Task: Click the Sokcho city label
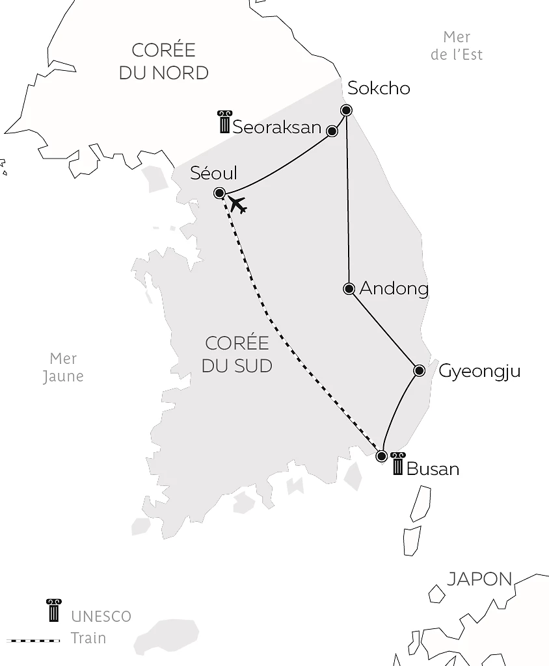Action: (379, 88)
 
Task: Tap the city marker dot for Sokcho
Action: (346, 110)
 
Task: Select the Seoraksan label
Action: (277, 127)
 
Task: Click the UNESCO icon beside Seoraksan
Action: (224, 122)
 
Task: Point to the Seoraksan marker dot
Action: (332, 131)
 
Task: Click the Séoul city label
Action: (213, 173)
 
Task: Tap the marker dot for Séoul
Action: (219, 193)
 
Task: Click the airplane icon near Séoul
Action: (237, 204)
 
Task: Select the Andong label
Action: (394, 288)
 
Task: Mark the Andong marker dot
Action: (349, 288)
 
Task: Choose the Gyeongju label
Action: (479, 372)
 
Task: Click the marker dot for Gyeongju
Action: (420, 370)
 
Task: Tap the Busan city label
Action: (433, 468)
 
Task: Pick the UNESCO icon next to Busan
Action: (398, 463)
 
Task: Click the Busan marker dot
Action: (382, 456)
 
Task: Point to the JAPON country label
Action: (479, 579)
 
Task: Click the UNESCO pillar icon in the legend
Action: (53, 611)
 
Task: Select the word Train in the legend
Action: (88, 638)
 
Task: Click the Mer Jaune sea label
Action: (63, 367)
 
